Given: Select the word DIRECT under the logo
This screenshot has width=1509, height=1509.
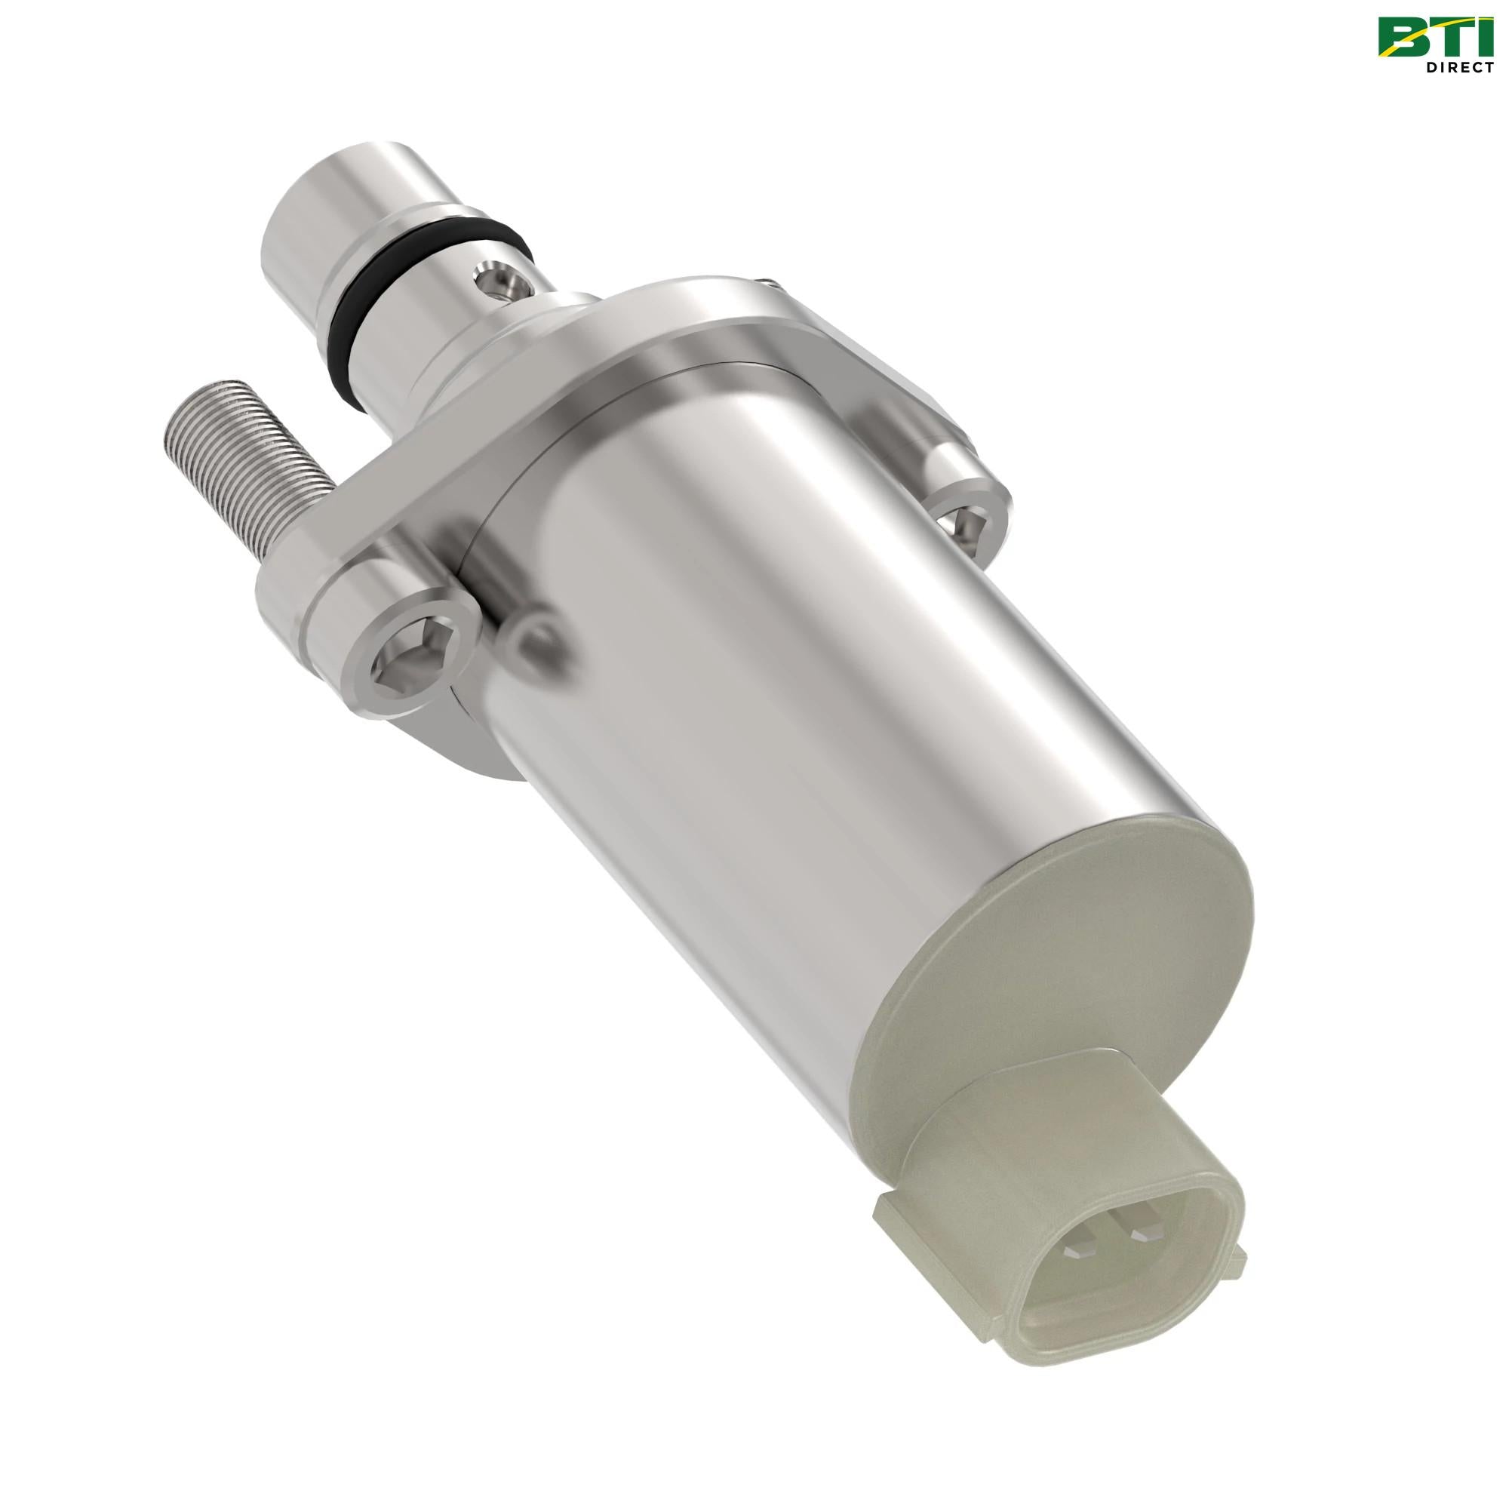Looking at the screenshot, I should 1460,68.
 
